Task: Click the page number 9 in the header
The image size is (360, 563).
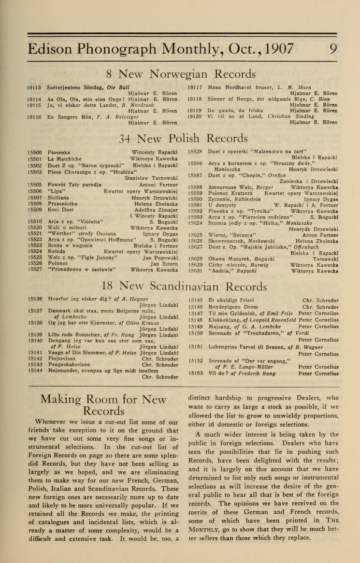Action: (333, 49)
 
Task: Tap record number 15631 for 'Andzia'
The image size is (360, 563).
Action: (196, 271)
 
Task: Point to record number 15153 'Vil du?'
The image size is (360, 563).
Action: (196, 373)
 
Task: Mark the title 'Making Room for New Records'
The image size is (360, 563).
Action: (103, 405)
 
